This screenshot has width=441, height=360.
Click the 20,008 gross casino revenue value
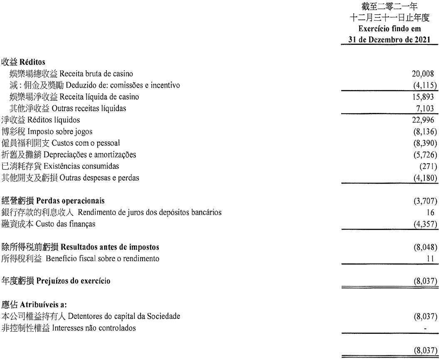tap(423, 74)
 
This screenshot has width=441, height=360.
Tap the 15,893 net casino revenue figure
tap(423, 97)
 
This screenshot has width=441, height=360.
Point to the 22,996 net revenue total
tap(423, 120)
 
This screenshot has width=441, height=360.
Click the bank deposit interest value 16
tap(432, 213)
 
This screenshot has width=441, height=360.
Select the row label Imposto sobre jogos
tap(60, 132)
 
